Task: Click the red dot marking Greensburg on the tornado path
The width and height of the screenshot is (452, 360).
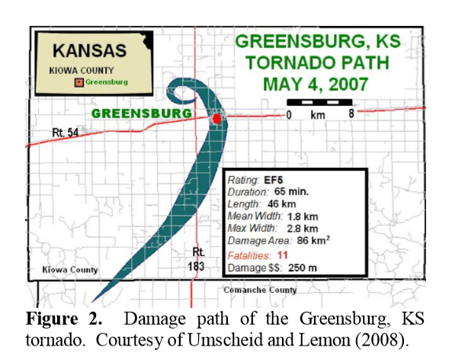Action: (x=216, y=119)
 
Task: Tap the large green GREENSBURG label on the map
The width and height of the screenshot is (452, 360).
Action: (x=141, y=114)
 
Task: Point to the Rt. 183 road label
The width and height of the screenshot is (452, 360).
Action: (x=198, y=259)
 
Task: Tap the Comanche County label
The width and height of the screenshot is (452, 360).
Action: (x=260, y=290)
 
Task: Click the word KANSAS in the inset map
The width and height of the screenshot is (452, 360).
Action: (x=89, y=52)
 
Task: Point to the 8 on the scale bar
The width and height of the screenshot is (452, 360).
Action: (x=351, y=114)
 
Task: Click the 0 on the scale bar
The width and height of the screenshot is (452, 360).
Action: (x=289, y=114)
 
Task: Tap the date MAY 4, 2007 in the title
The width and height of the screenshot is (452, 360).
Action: (x=316, y=82)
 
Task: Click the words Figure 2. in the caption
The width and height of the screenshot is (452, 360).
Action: (x=56, y=317)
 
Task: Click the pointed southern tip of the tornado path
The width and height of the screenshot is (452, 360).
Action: (x=91, y=301)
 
